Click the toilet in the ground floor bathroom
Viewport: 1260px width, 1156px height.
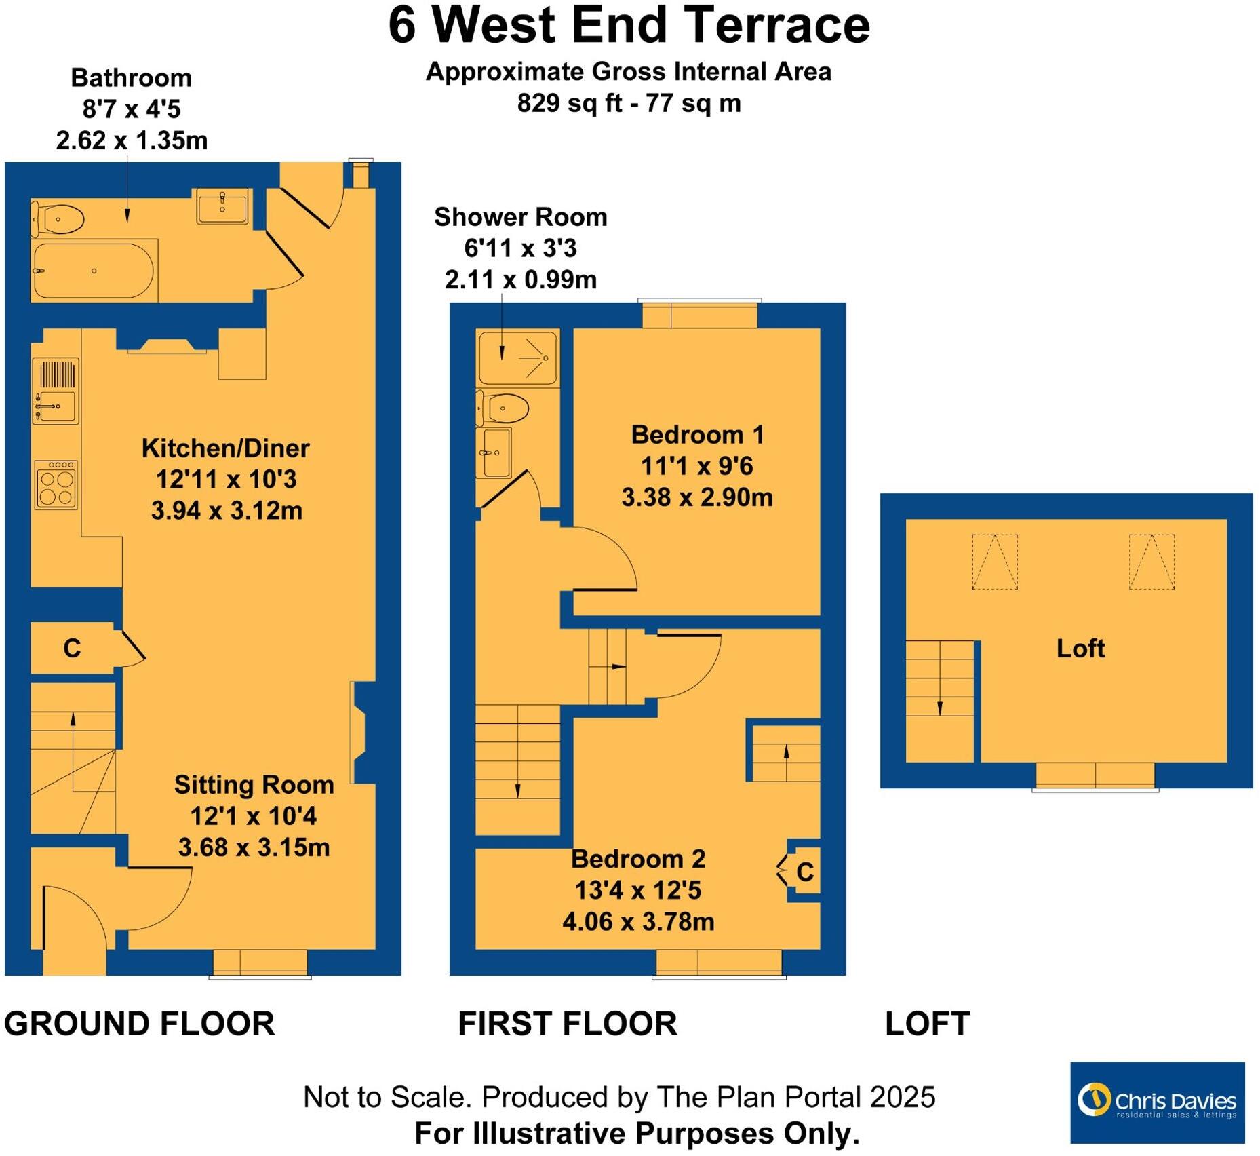60,219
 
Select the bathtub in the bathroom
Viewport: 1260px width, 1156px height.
95,271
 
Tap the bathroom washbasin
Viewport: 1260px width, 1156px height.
222,206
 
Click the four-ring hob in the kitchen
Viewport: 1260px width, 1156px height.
56,485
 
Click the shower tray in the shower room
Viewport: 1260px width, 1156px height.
517,357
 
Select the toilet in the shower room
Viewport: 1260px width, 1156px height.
505,408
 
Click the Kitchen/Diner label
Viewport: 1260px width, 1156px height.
225,448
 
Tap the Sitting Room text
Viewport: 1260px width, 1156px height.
254,784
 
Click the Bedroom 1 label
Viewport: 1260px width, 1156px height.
697,434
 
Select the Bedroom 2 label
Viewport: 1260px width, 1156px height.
638,858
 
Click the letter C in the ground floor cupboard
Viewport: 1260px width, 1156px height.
72,649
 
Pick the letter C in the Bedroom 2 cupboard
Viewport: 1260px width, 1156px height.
805,872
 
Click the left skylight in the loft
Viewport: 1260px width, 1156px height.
995,562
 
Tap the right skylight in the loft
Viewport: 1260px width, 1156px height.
1151,562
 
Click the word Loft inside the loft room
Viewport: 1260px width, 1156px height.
1080,648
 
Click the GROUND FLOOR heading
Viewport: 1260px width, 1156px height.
139,1023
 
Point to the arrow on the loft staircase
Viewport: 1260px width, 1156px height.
940,707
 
